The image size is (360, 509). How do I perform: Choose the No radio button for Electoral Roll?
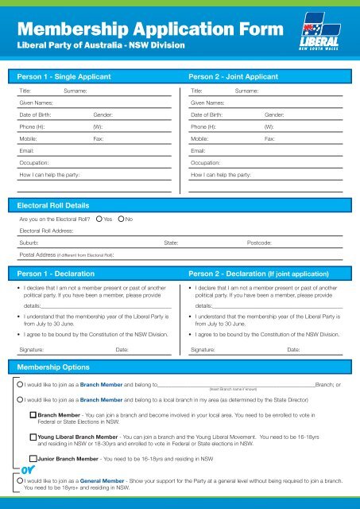pyautogui.click(x=121, y=218)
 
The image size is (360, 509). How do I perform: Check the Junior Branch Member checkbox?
pyautogui.click(x=33, y=459)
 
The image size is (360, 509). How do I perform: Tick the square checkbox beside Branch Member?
pyautogui.click(x=33, y=415)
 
